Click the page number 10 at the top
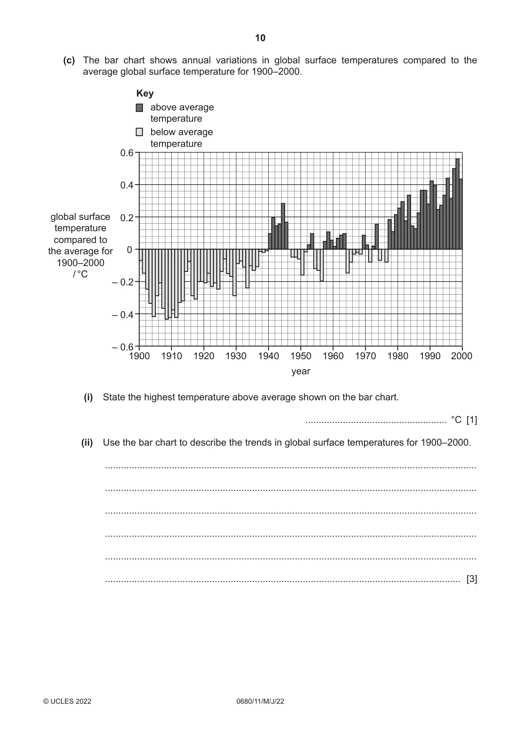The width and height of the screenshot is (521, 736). tap(260, 38)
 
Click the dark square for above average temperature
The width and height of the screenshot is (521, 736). tap(139, 108)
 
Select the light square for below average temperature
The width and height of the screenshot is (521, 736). tap(139, 132)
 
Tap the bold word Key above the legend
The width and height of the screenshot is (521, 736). tap(145, 93)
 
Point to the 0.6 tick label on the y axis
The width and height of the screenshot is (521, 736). tap(127, 153)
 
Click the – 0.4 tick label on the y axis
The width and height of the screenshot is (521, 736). tap(123, 314)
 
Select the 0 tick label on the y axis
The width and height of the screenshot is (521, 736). tap(130, 250)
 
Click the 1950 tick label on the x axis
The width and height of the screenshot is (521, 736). tap(301, 356)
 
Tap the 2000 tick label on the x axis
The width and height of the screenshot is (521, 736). tap(462, 356)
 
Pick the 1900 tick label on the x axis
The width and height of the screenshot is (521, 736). tap(139, 356)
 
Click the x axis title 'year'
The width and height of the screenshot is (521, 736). tap(301, 371)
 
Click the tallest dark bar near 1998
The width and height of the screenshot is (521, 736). tap(458, 204)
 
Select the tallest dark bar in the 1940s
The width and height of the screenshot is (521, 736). tap(283, 227)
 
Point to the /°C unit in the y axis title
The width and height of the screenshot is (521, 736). tap(80, 274)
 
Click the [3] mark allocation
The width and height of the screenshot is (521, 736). tap(472, 579)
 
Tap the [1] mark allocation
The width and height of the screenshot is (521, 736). tap(472, 420)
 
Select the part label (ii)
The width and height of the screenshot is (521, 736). tap(87, 443)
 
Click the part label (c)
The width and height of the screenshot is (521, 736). tap(69, 60)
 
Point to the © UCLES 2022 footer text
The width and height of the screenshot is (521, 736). tap(67, 701)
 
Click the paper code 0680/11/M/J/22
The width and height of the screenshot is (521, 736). tap(260, 701)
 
